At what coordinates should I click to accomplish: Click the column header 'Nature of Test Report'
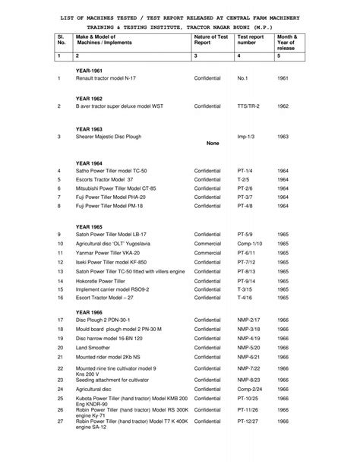(x=210, y=39)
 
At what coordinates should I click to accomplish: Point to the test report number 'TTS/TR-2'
(x=248, y=107)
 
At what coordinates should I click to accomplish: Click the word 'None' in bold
(x=213, y=143)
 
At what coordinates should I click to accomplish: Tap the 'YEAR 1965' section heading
(x=90, y=227)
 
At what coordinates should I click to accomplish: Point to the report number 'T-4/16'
(x=245, y=298)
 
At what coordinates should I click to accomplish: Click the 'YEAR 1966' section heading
(x=90, y=312)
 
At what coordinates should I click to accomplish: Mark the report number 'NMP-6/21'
(x=248, y=356)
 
